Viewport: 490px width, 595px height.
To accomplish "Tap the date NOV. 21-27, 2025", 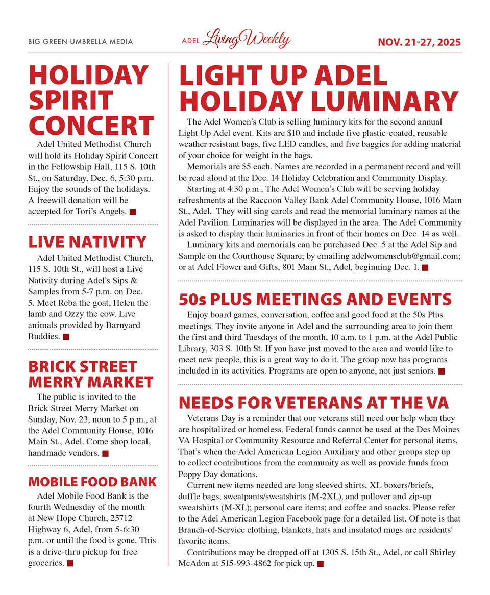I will point(419,42).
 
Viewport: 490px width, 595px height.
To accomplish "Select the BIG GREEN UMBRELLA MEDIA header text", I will point(80,42).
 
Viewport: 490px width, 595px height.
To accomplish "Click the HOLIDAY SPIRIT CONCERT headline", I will point(91,101).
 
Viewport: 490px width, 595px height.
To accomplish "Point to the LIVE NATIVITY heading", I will point(87,242).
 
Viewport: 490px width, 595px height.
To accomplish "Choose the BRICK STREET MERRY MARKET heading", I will point(90,374).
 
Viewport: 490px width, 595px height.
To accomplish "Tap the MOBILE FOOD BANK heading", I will point(92,482).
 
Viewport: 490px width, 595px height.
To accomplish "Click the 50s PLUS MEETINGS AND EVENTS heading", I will point(315,299).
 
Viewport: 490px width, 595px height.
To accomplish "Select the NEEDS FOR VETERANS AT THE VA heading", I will point(314,403).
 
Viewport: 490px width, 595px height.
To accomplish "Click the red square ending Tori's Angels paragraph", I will point(133,212).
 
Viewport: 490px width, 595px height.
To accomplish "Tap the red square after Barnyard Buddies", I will point(66,337).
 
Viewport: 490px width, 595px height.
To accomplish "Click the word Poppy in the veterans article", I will point(190,474).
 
